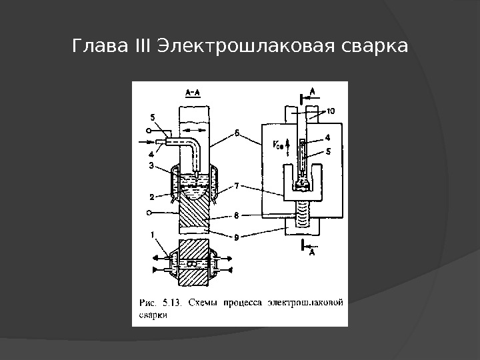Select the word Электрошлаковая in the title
coord(244,47)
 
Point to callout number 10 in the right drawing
coord(331,111)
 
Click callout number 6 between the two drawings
coord(237,132)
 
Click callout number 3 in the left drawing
coord(151,165)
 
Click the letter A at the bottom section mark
coord(312,253)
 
